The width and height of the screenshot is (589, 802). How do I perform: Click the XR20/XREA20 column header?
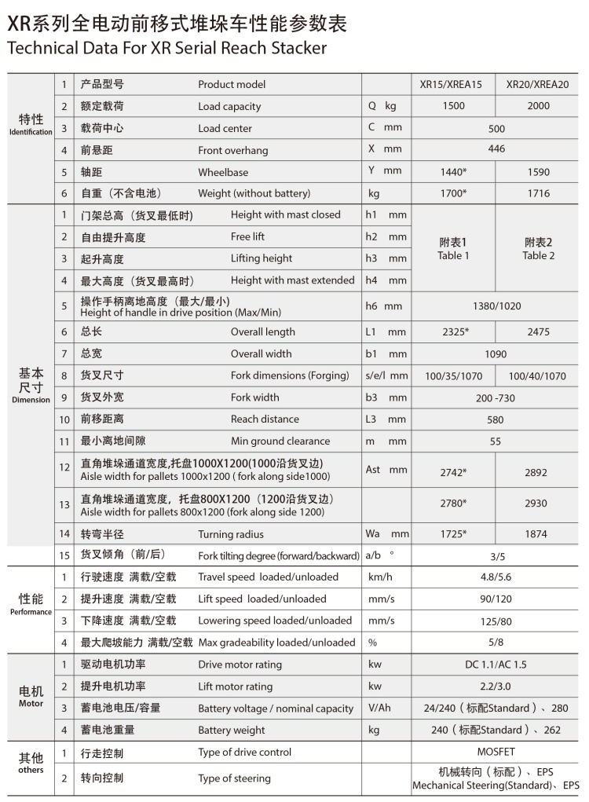[x=537, y=85]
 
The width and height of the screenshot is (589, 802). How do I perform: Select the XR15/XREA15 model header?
[x=452, y=85]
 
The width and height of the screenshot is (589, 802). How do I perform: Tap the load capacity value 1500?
[x=453, y=106]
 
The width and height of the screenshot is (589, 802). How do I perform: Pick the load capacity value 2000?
[x=538, y=106]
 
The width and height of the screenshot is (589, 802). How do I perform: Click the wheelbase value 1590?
[x=538, y=172]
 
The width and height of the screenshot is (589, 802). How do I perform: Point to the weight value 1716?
[x=538, y=193]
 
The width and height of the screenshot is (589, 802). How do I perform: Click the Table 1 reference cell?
[x=453, y=248]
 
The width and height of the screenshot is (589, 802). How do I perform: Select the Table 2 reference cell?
[x=538, y=248]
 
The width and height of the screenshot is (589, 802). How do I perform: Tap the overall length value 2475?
[x=538, y=332]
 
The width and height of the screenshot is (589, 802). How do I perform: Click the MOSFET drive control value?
[x=496, y=752]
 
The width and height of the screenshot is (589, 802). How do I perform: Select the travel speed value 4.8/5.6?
[x=496, y=577]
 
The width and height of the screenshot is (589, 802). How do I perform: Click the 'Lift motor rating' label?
[x=235, y=687]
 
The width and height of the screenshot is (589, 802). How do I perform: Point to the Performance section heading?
[x=31, y=603]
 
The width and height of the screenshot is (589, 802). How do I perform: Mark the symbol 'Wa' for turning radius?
[x=372, y=534]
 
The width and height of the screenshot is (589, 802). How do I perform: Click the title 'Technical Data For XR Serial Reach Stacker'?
[x=166, y=49]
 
